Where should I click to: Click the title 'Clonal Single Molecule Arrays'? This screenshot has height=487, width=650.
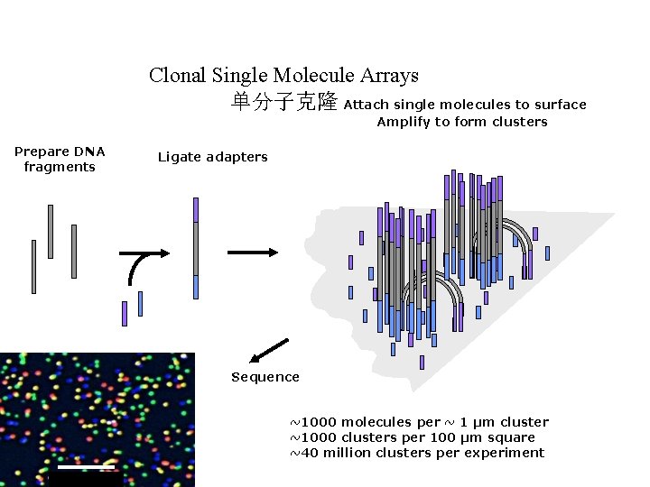point(283,76)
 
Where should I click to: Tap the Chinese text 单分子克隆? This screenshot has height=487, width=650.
point(284,102)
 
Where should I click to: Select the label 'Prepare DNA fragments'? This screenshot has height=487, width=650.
point(60,159)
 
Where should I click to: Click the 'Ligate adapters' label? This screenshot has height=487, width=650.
point(213,157)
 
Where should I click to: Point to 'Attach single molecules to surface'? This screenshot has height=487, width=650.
point(465,105)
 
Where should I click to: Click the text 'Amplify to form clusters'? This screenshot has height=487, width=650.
point(462,122)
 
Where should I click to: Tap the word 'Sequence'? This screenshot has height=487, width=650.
point(265,377)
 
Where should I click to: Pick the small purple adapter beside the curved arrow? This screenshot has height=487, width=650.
point(125,313)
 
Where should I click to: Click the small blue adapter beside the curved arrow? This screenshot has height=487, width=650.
point(140,303)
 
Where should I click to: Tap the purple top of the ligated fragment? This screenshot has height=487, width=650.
point(196,210)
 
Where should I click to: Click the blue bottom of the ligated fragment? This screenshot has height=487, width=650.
point(196,287)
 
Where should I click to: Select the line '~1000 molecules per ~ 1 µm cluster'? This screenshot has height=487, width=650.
point(419,422)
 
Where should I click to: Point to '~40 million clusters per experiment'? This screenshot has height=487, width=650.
point(417,453)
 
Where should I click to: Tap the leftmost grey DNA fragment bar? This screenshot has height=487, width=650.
point(33,266)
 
